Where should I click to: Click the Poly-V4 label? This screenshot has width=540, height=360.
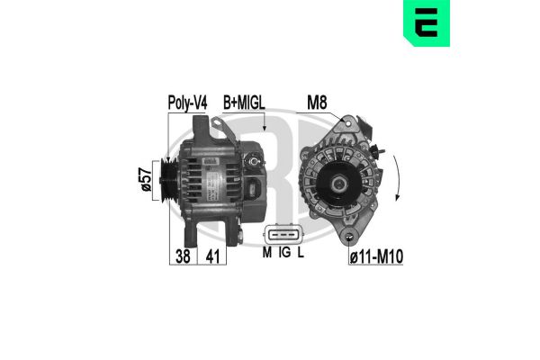click(187, 103)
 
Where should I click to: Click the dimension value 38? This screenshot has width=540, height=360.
click(184, 256)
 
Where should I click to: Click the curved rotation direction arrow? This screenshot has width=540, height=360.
click(398, 179)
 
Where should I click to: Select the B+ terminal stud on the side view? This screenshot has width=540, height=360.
click(255, 163)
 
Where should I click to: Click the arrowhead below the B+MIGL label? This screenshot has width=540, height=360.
click(264, 132)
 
